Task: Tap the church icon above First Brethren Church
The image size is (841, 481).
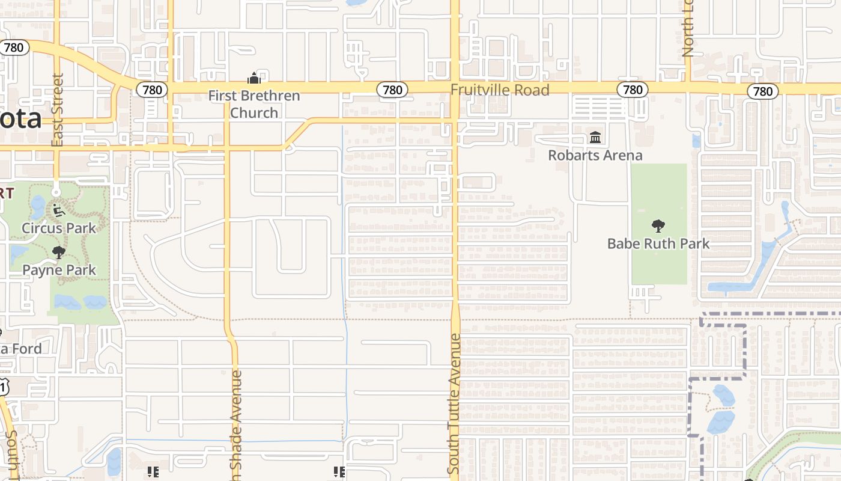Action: pos(254,78)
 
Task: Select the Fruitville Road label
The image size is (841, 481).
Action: pos(500,90)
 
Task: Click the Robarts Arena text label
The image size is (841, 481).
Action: pos(595,155)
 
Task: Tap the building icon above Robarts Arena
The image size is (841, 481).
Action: pos(595,138)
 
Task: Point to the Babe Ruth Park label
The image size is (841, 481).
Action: pos(658,244)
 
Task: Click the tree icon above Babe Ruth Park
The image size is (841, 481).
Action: pos(658,226)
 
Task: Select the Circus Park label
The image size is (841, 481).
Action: pos(59,228)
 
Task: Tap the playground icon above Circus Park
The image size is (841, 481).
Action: pos(58,210)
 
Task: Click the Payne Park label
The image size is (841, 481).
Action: pos(59,270)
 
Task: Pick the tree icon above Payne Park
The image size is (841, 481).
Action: pos(58,253)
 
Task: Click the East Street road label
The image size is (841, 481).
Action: pos(58,110)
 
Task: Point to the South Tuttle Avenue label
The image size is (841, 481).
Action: pos(455,403)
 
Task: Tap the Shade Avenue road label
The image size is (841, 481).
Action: pos(235,424)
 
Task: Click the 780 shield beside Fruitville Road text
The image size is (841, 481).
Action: pos(392,90)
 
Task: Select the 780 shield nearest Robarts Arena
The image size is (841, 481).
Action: pos(633,90)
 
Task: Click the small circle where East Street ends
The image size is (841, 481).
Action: pos(56,192)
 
